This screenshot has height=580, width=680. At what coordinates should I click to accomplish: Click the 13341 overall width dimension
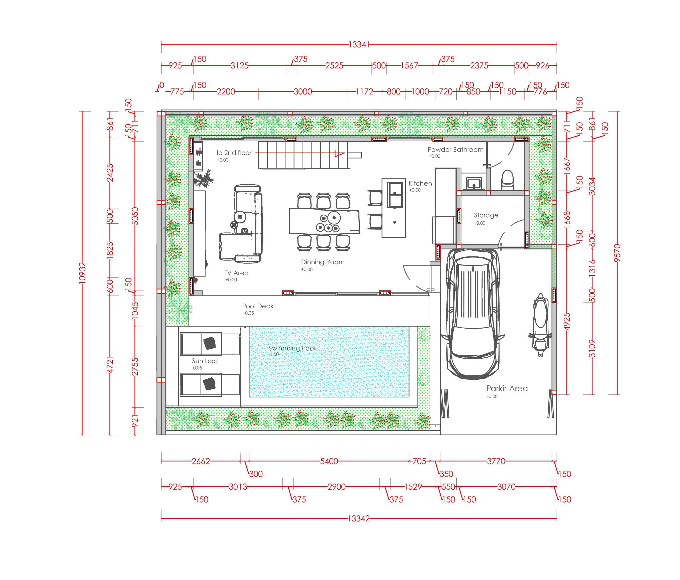[359, 45]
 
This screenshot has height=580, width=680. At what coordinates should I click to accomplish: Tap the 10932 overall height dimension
[82, 273]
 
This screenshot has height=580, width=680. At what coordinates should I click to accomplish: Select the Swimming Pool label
[292, 348]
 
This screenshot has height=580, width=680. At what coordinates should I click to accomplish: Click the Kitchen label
[420, 183]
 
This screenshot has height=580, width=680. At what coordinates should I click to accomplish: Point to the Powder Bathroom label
[455, 150]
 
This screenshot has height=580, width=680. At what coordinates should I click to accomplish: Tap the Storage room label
[486, 215]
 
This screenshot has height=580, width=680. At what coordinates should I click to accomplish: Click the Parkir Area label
[507, 388]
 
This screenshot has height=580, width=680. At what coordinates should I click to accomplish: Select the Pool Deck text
[258, 306]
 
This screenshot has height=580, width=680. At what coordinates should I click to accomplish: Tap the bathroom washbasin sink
[473, 183]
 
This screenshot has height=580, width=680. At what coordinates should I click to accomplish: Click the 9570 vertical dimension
[617, 253]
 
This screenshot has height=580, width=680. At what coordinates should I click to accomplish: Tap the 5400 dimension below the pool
[329, 461]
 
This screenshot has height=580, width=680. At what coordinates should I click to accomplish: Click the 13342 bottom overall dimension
[359, 519]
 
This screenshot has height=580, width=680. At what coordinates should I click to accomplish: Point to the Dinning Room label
[323, 262]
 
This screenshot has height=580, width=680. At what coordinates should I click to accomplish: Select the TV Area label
[236, 273]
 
